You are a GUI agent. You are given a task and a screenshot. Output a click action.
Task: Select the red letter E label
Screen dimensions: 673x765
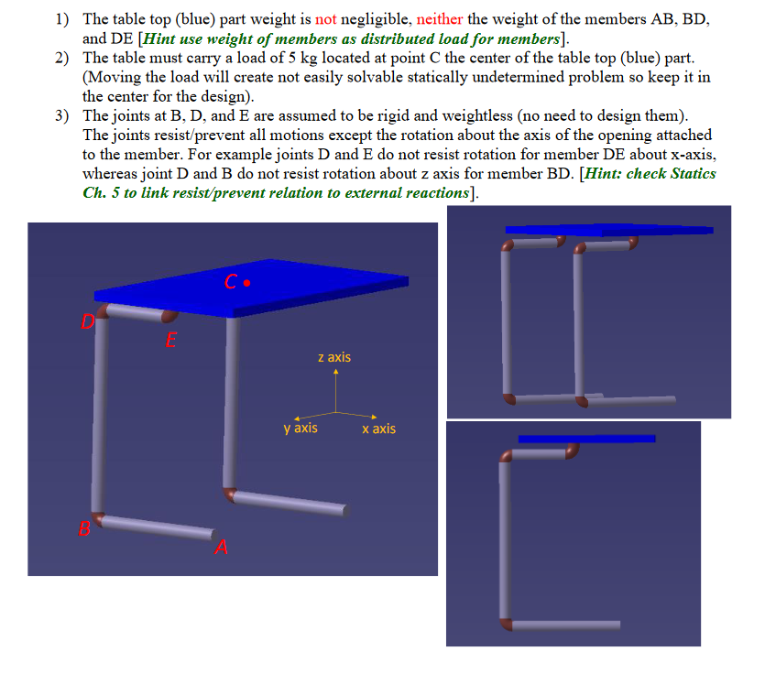pos(170,342)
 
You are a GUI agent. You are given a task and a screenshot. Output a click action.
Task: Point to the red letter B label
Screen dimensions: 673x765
pos(84,527)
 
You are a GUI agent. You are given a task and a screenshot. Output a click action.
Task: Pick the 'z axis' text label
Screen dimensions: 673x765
pos(334,357)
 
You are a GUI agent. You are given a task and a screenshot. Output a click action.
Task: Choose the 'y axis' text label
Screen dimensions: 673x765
pos(301,428)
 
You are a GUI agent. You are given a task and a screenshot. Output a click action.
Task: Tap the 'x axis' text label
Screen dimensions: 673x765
pos(378,429)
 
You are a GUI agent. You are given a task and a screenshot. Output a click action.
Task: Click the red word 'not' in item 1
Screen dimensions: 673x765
pos(326,18)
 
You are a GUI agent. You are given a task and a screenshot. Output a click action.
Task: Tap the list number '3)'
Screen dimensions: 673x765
pos(61,115)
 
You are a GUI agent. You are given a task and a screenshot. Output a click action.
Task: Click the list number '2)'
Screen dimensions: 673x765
pos(61,57)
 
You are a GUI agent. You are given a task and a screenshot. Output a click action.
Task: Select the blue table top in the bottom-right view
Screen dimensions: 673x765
pos(586,439)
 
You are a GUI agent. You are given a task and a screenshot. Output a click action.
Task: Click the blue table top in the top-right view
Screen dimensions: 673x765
pos(608,229)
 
